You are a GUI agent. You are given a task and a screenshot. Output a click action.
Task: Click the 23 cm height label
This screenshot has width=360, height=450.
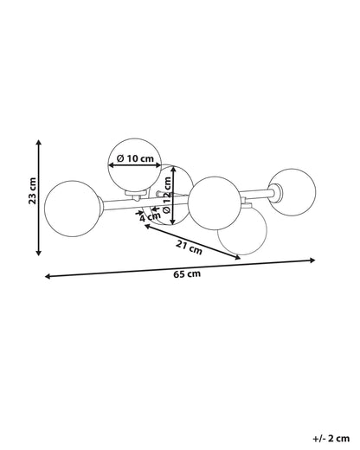pyautogui.click(x=33, y=190)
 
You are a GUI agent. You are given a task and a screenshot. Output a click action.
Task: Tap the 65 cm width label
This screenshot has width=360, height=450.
pyautogui.click(x=187, y=273)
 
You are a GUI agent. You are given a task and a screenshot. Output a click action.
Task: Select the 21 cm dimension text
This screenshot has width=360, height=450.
pyautogui.click(x=190, y=247)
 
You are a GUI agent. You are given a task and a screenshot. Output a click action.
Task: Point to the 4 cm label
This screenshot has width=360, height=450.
pyautogui.click(x=150, y=216)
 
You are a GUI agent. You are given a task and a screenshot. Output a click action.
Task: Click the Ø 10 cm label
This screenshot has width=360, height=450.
pyautogui.click(x=135, y=158)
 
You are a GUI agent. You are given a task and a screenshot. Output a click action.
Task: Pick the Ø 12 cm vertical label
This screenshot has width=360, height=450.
pyautogui.click(x=167, y=195)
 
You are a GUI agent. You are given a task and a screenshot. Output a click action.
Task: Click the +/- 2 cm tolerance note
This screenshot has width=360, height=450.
pyautogui.click(x=331, y=439)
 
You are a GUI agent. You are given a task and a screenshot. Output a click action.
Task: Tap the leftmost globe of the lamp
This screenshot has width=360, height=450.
pyautogui.click(x=73, y=209)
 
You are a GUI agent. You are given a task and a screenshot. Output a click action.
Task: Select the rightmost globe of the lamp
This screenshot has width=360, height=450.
pyautogui.click(x=292, y=192)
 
